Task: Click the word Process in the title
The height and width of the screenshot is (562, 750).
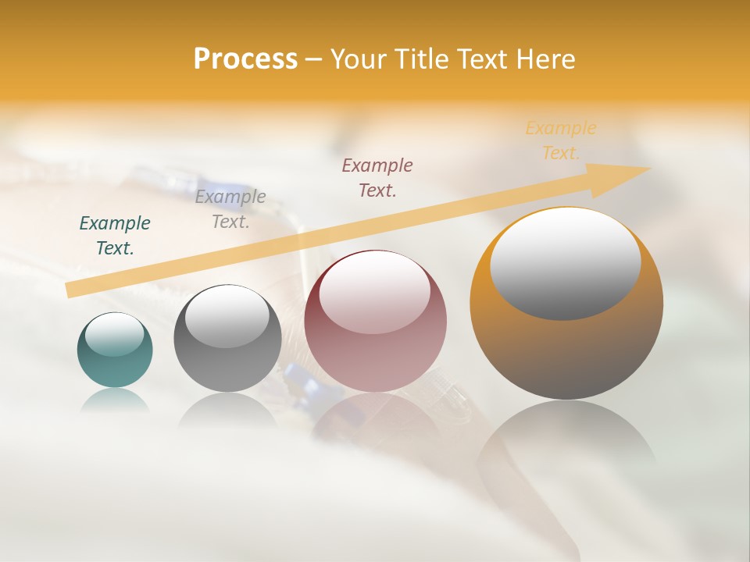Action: tap(245, 59)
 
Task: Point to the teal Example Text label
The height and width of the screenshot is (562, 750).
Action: tap(115, 236)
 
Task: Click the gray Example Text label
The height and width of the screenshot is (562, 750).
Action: tap(230, 209)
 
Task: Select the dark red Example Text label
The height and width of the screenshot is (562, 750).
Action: tap(377, 177)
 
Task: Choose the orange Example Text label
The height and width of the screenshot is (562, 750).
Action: tap(561, 140)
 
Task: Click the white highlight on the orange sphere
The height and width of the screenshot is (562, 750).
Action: tap(565, 263)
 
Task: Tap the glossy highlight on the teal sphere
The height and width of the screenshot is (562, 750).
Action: tap(114, 334)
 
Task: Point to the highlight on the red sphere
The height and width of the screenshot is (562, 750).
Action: tap(374, 293)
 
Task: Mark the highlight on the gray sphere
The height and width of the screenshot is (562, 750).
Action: tap(227, 316)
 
